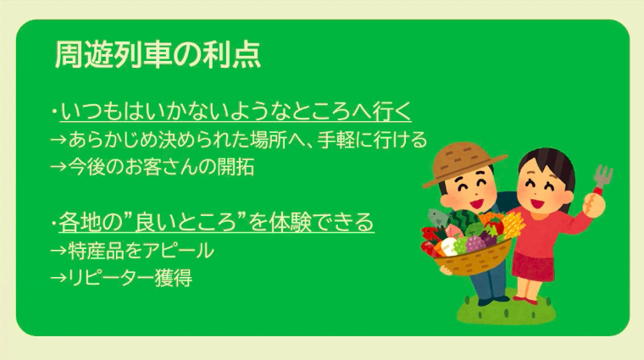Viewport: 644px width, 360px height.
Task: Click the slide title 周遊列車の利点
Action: [158, 54]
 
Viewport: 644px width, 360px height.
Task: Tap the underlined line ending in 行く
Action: [236, 112]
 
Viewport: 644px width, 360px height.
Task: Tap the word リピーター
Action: [111, 278]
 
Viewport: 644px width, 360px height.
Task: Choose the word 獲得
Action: [173, 278]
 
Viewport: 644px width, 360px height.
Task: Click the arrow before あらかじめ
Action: [58, 140]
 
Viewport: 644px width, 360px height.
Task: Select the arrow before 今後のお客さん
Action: [58, 167]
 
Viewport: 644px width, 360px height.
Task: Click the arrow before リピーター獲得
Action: [58, 279]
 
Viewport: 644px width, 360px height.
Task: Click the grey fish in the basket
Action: [438, 218]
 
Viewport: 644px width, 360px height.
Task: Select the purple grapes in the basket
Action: [475, 243]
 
